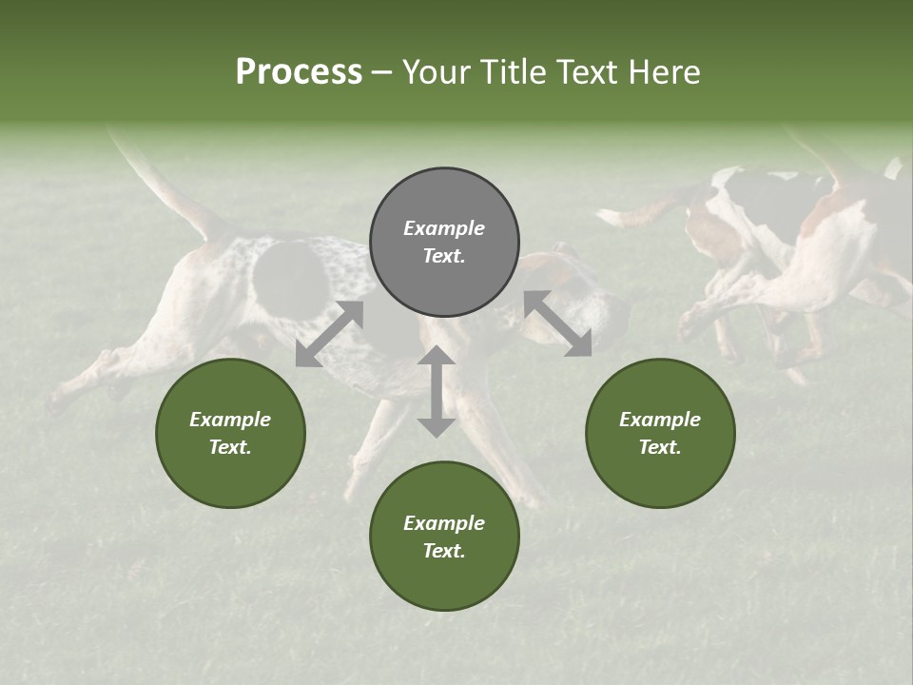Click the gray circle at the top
point(444,242)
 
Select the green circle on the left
point(230,433)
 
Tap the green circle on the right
point(660,433)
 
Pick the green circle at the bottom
point(444,536)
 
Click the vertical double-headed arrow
point(437,391)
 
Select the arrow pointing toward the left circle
point(329,334)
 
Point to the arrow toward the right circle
point(558,323)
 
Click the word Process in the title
point(299,72)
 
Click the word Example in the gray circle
point(444,228)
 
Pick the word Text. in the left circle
point(230,447)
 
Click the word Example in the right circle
point(660,420)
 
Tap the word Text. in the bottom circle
point(444,551)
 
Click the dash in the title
point(382,72)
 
